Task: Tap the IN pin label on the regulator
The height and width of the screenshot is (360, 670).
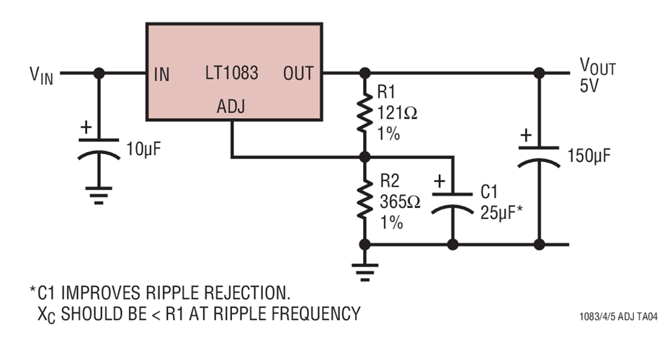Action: pyautogui.click(x=161, y=74)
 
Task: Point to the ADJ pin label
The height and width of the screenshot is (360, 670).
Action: pyautogui.click(x=231, y=108)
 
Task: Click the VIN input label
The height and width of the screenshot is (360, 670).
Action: pyautogui.click(x=41, y=75)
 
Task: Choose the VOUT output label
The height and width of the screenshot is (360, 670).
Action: pyautogui.click(x=598, y=68)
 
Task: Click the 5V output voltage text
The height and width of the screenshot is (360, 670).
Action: pyautogui.click(x=590, y=87)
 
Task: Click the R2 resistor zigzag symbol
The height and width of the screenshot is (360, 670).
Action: pyautogui.click(x=365, y=201)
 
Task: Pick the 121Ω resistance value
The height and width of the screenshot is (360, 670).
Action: pyautogui.click(x=398, y=114)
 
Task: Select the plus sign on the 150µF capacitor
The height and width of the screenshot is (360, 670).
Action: pyautogui.click(x=526, y=135)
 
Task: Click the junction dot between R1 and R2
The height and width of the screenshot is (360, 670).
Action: pyautogui.click(x=365, y=156)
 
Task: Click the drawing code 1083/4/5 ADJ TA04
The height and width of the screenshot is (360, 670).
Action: pyautogui.click(x=617, y=316)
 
